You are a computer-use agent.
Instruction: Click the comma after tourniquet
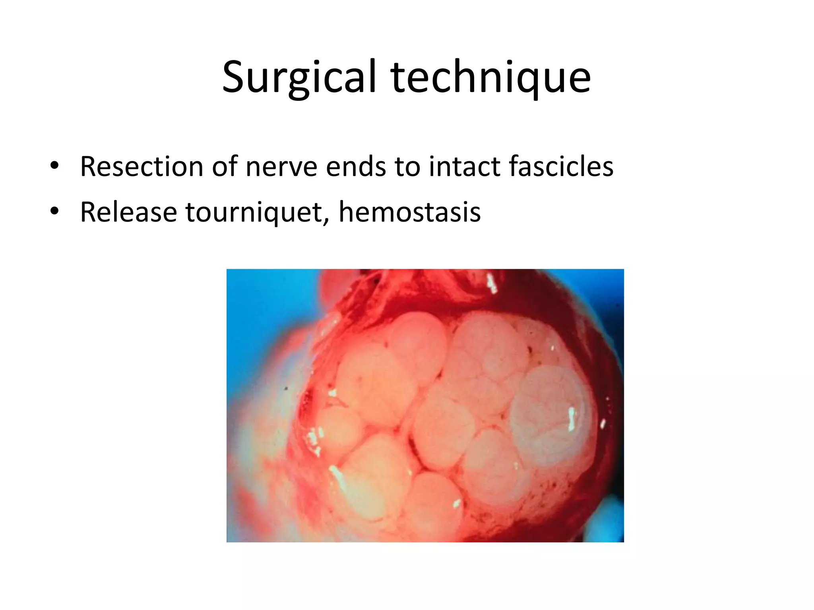327,221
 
